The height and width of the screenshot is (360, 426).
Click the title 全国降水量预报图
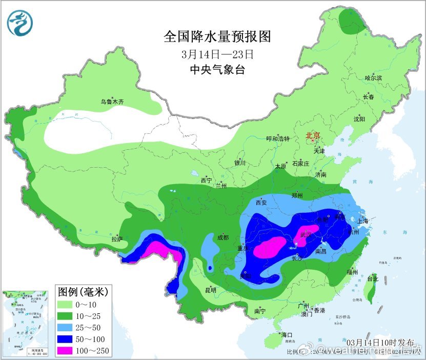coord(217,36)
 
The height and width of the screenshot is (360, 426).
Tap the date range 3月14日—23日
coord(217,53)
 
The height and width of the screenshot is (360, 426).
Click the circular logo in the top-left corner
coord(20,23)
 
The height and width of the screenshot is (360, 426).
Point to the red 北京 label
coord(313,136)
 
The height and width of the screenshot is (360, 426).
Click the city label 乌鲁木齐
coord(112,102)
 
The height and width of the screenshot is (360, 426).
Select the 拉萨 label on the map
coord(117,238)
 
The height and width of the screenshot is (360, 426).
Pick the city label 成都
coord(222,237)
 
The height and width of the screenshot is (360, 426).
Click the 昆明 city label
coord(210,290)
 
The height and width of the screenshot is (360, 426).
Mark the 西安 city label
coord(261,203)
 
